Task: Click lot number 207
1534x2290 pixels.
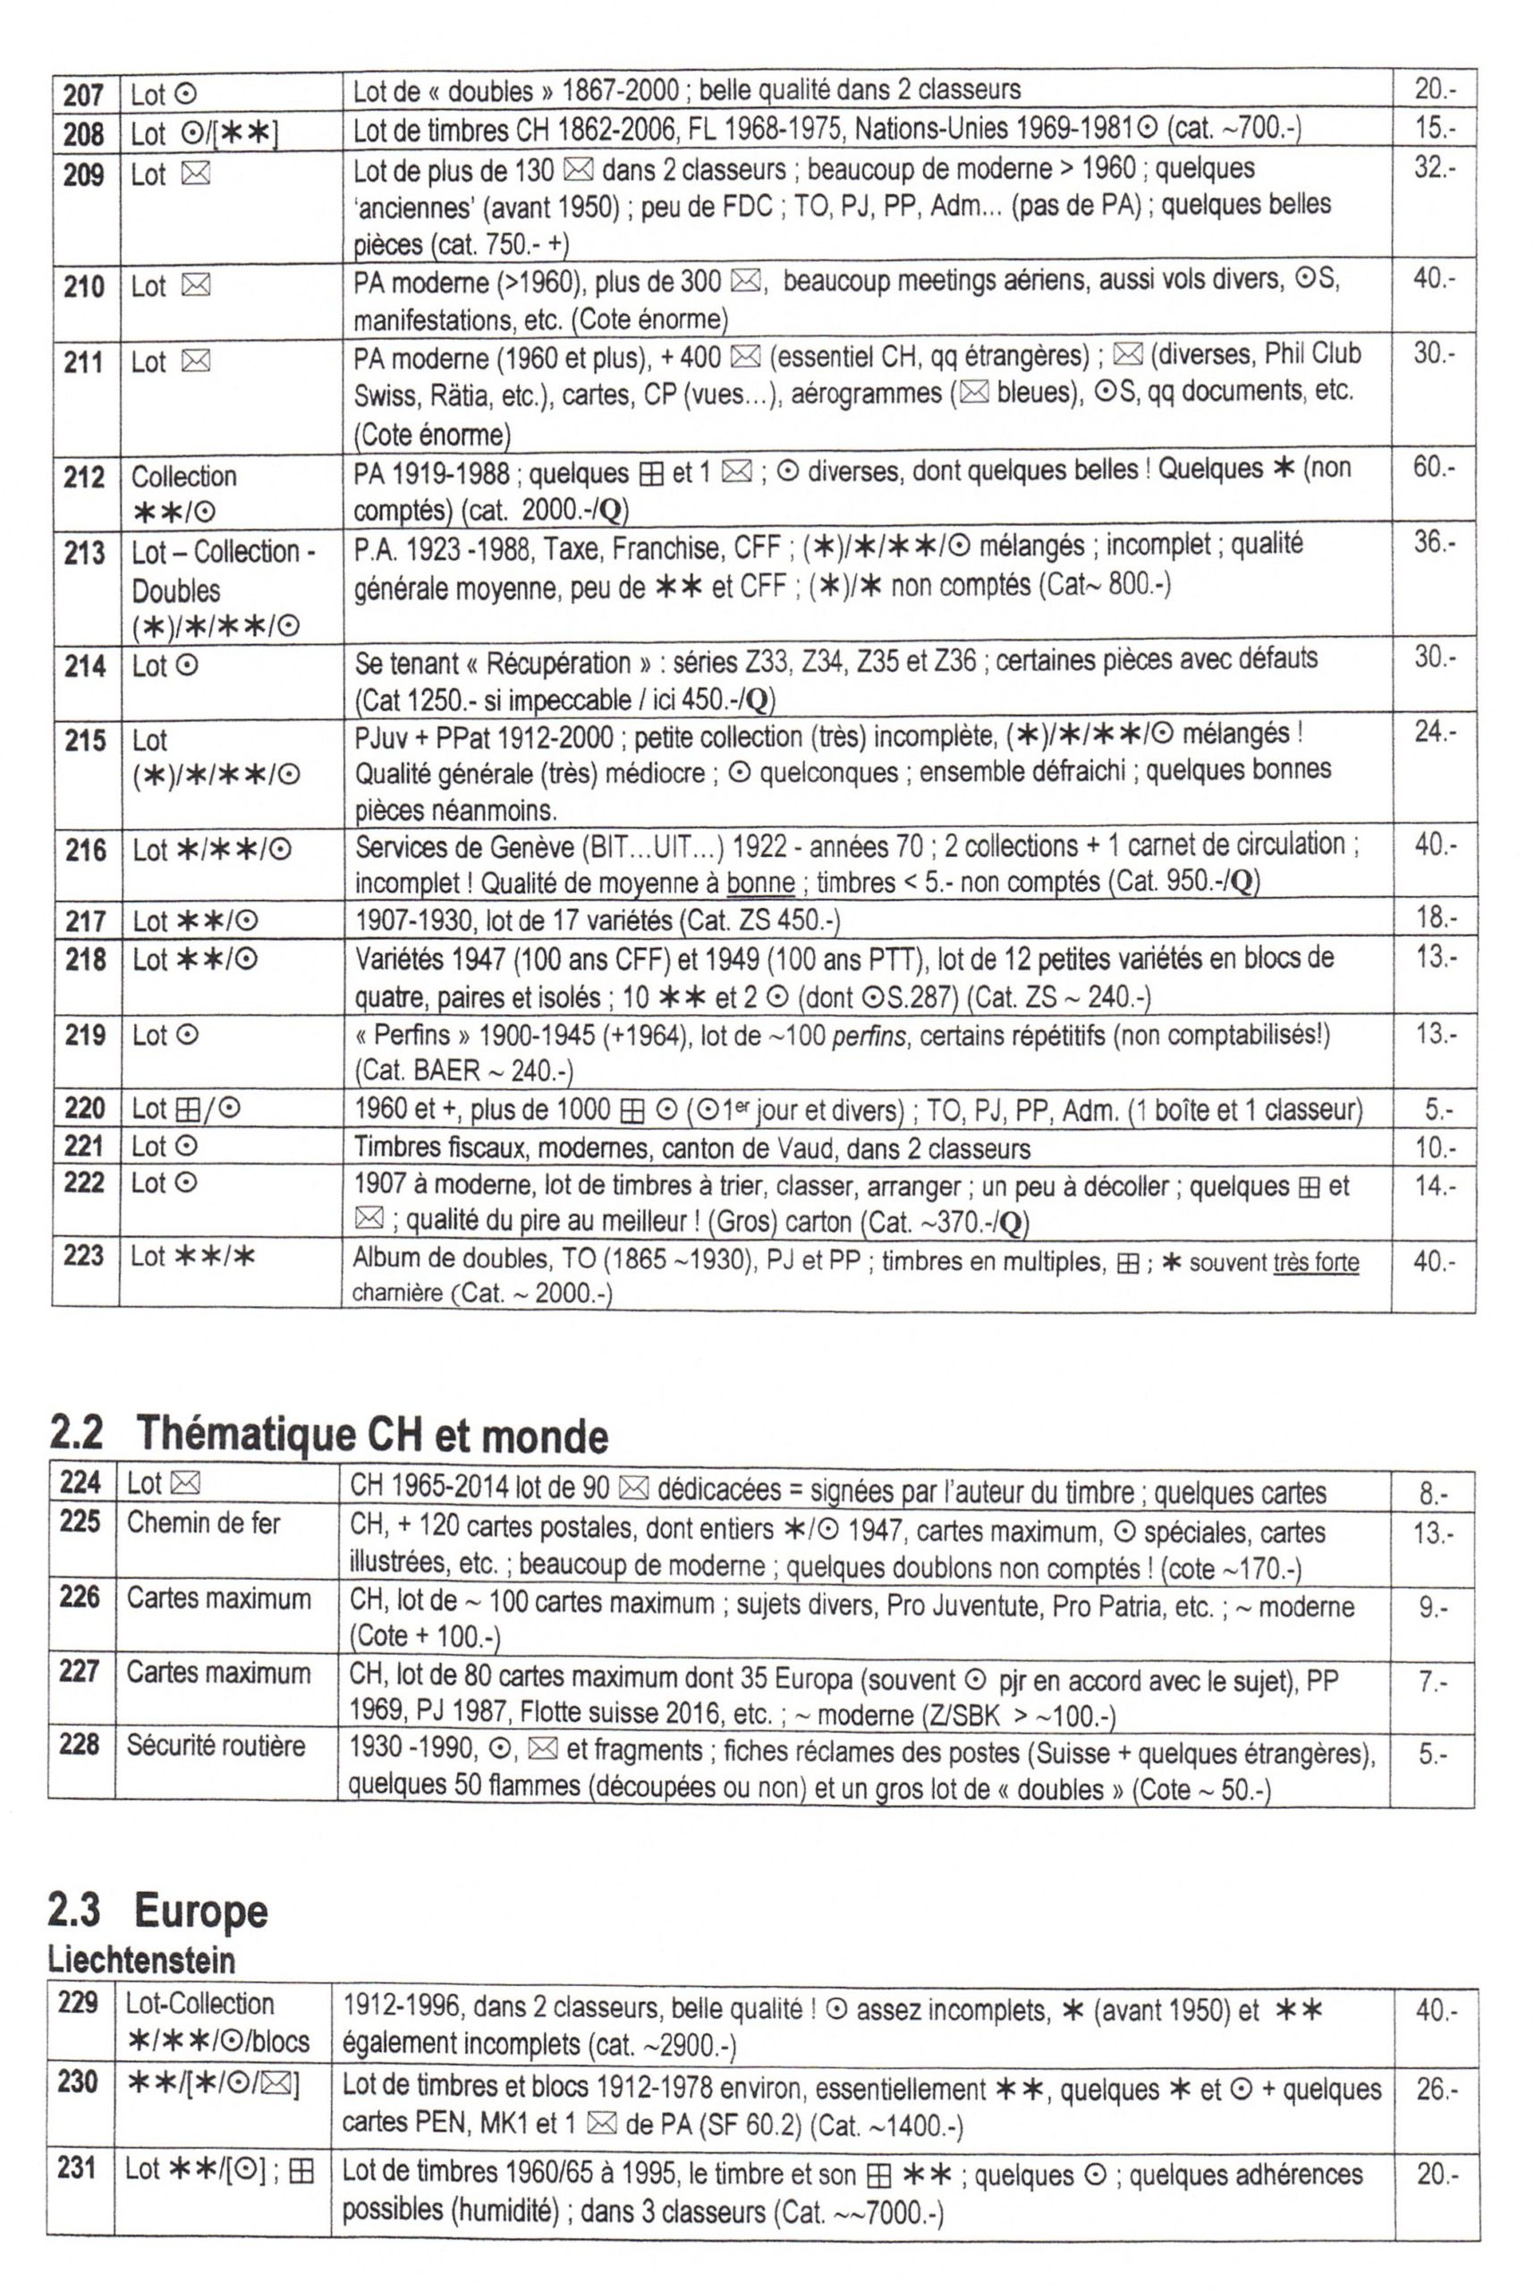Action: [83, 95]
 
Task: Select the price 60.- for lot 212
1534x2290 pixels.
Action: [1433, 468]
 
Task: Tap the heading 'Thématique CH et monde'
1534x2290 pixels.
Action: [371, 1436]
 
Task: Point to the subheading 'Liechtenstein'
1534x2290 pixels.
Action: [142, 1960]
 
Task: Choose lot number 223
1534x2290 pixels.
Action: [84, 1255]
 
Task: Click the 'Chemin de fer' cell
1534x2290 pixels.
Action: [204, 1523]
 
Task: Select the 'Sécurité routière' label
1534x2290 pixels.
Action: [216, 1745]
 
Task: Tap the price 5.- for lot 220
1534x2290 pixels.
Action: [1438, 1110]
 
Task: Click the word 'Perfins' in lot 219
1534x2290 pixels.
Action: [407, 1035]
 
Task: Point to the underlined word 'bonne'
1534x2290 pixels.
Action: [760, 883]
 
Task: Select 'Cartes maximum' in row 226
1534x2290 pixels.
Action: [218, 1599]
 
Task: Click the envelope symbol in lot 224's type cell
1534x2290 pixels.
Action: [185, 1485]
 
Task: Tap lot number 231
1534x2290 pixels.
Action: [79, 2168]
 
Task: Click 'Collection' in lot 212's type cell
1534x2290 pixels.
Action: [184, 477]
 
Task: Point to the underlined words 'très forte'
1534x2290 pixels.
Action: [1316, 1263]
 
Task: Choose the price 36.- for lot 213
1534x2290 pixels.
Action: [1433, 542]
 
